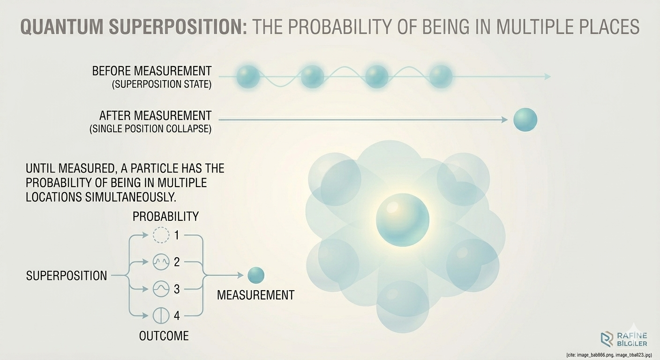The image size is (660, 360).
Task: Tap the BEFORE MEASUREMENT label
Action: tap(151, 71)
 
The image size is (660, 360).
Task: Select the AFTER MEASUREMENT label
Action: tap(155, 115)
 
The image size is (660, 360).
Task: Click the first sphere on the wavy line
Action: tap(248, 76)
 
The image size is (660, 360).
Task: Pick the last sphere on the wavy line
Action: tap(441, 76)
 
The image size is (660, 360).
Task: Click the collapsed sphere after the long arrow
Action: tap(525, 120)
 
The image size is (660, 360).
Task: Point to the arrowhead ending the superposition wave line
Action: tap(547, 76)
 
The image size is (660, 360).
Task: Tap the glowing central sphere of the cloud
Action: tap(402, 220)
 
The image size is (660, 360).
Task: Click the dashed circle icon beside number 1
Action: tap(161, 235)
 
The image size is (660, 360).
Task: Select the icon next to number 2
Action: tap(161, 262)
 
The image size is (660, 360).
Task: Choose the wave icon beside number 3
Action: tap(161, 289)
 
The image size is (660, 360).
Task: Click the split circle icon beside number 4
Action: tap(161, 315)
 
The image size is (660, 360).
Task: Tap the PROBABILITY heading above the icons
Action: tap(165, 216)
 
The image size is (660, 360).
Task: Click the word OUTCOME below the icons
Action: tap(164, 336)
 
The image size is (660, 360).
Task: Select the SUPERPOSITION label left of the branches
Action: tap(66, 276)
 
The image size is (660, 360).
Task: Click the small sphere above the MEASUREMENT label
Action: tap(256, 275)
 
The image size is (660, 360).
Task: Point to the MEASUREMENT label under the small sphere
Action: tap(255, 295)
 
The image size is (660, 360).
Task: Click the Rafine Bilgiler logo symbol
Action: tap(607, 339)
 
